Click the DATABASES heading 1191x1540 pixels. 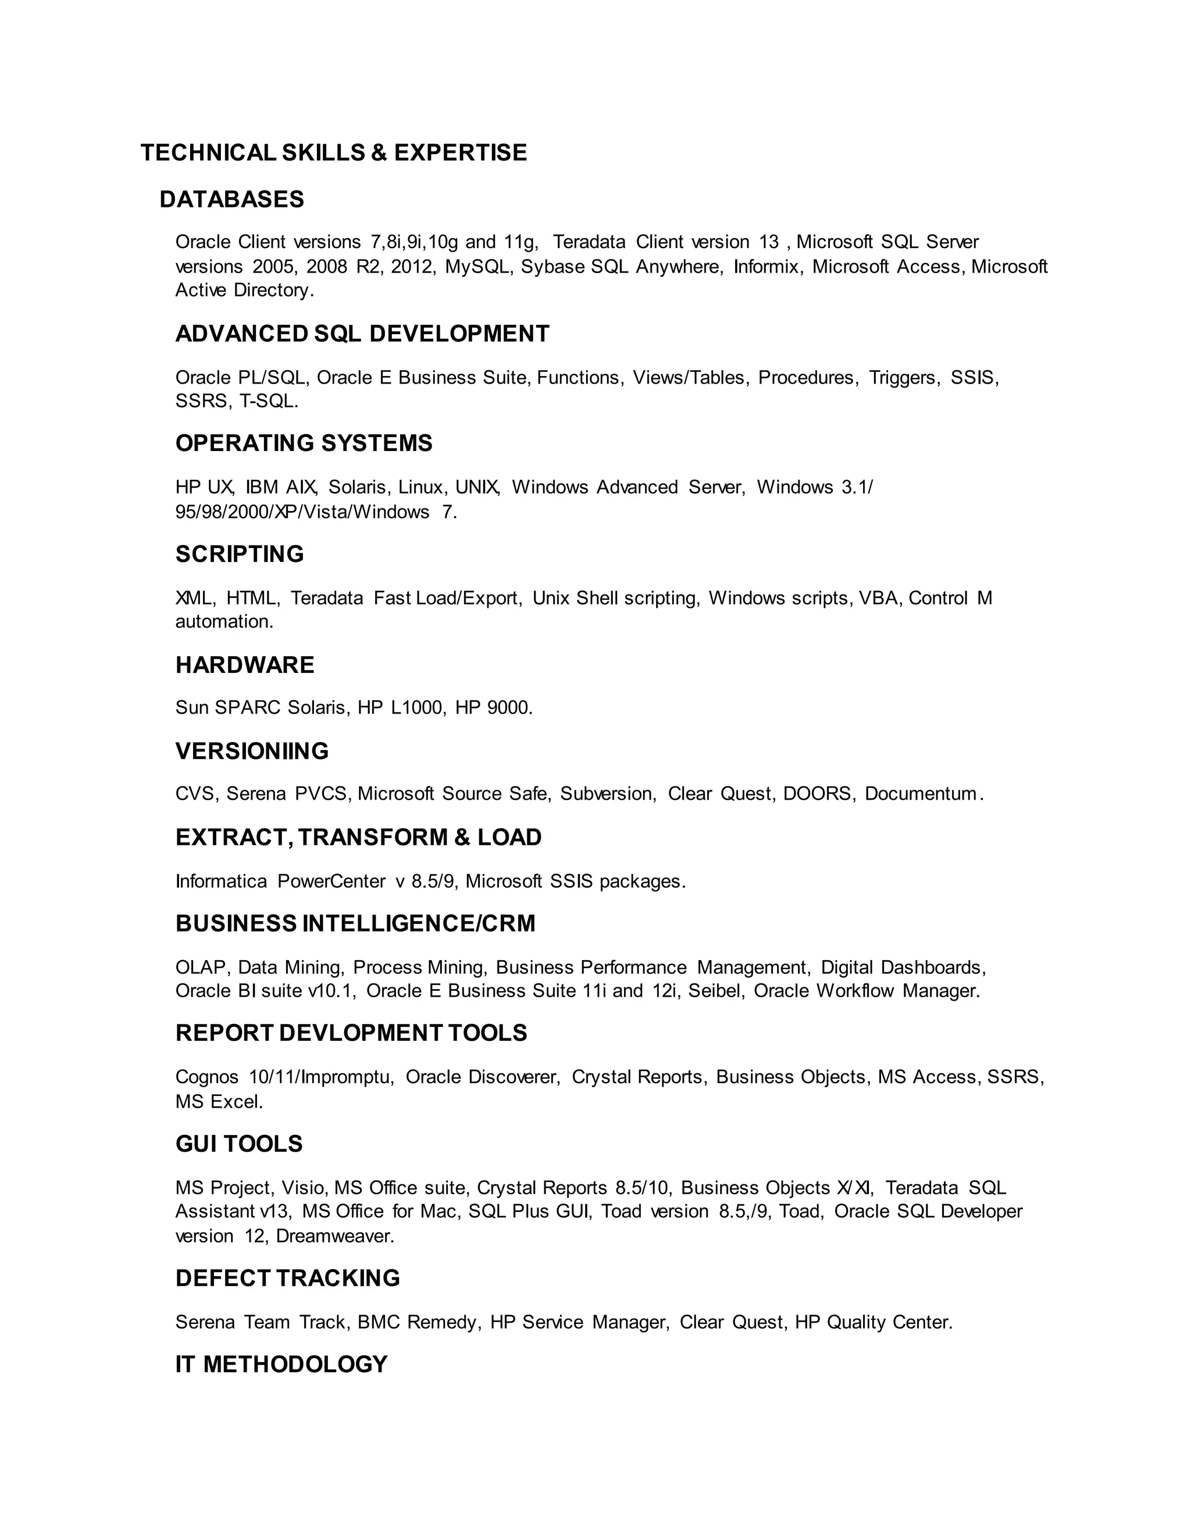231,199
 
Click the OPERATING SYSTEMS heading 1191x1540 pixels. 304,443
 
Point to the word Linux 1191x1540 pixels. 421,487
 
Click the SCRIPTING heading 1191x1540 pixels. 239,554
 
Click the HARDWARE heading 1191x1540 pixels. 245,665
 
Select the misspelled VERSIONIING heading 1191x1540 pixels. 252,751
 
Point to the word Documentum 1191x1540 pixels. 920,794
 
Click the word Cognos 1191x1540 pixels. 206,1077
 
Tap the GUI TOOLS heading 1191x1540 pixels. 238,1144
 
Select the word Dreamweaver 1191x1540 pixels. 334,1236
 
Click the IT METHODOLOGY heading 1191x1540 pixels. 281,1364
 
